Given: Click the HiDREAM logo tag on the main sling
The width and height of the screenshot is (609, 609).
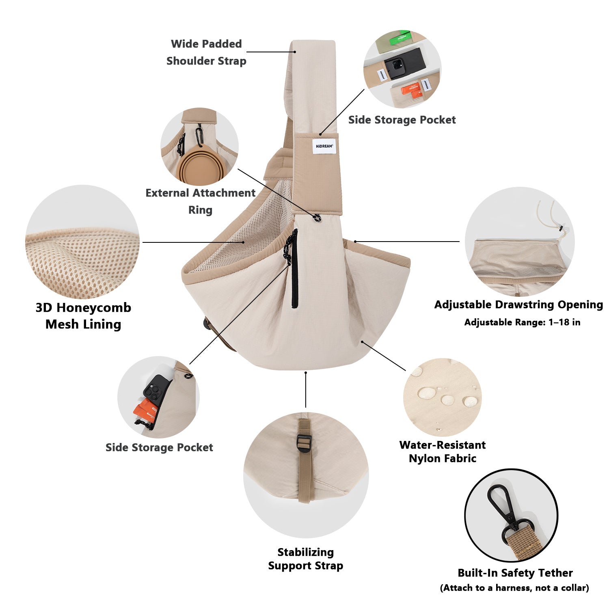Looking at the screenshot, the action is click(324, 146).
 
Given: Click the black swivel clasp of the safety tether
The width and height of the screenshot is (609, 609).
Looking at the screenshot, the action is click(505, 513).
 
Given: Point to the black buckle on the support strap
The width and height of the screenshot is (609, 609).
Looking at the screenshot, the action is click(304, 441).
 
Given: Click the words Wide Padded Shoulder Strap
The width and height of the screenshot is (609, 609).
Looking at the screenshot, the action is click(206, 52).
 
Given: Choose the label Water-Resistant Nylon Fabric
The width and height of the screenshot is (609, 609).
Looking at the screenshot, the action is click(443, 451).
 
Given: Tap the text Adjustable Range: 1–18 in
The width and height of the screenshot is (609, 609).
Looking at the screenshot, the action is click(522, 322).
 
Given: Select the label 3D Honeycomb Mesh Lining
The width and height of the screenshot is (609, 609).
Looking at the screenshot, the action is click(83, 316).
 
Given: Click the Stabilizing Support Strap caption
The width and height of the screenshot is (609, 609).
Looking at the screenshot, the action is click(306, 559).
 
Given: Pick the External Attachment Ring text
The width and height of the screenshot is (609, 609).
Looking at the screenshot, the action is click(201, 201).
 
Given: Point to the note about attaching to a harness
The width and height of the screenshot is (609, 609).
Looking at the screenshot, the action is click(514, 588).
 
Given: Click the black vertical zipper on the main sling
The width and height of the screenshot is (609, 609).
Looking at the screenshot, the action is click(294, 268).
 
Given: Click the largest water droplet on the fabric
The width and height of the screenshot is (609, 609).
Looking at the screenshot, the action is click(428, 393).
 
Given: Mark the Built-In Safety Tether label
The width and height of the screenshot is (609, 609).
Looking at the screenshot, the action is click(515, 573).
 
